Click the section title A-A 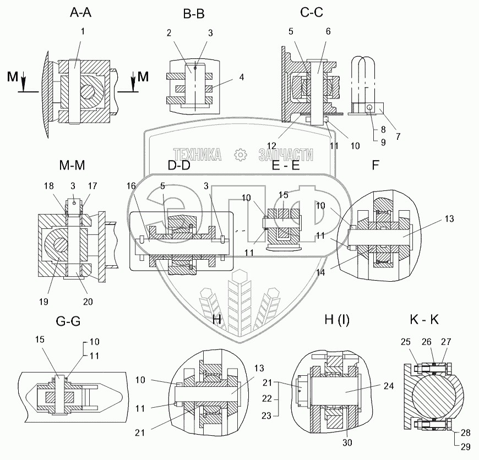[80, 13]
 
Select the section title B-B [194, 14]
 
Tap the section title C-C [312, 13]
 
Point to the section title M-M [72, 165]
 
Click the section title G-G [68, 321]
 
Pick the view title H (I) [337, 320]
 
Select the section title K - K [424, 320]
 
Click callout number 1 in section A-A [83, 31]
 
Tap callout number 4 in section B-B [241, 77]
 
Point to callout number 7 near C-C [398, 136]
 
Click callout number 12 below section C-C [271, 146]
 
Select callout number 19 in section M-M [43, 302]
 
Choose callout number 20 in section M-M [88, 302]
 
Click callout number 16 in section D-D [131, 186]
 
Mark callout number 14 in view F [320, 272]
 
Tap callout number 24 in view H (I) [389, 386]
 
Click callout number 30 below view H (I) [347, 442]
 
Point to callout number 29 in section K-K [466, 447]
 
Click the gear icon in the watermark [241, 155]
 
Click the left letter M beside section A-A [13, 76]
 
